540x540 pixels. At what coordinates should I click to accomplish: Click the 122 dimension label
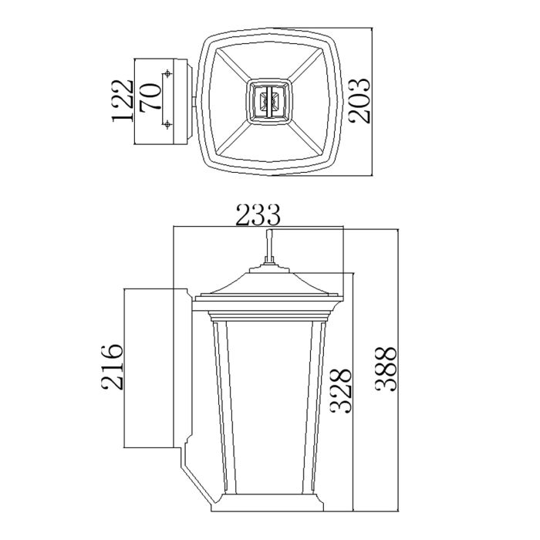(122, 100)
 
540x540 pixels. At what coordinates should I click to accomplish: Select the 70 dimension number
(150, 100)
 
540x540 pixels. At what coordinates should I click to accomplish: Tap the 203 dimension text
(359, 100)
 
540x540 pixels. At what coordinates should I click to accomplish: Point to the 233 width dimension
(258, 216)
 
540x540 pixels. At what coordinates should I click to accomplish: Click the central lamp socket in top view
(269, 100)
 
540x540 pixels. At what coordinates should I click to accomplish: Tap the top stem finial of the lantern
(268, 245)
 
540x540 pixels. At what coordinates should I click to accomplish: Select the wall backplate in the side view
(154, 368)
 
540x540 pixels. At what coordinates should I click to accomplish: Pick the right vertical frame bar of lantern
(317, 409)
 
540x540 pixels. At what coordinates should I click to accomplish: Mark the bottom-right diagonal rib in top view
(307, 137)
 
